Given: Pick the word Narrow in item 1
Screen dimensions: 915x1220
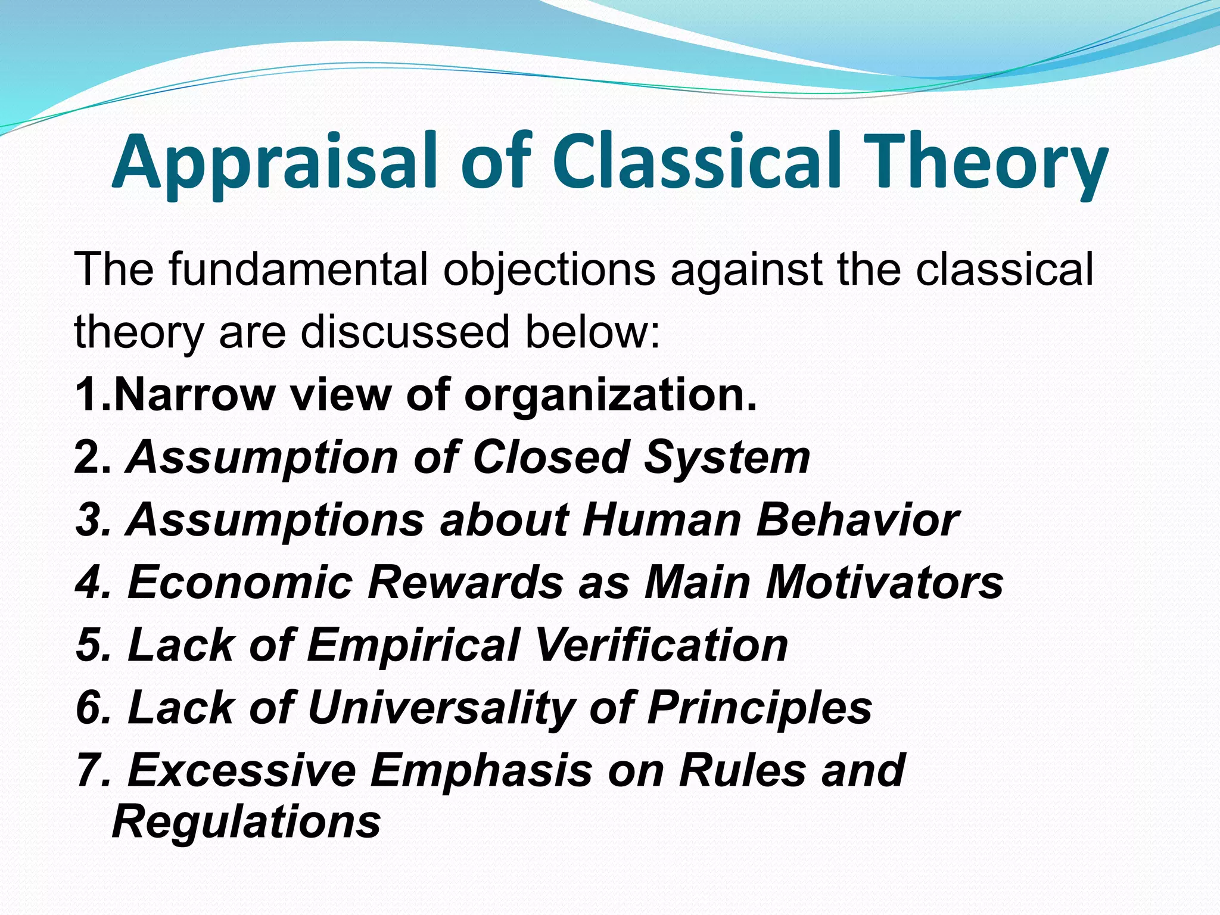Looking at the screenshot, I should click(194, 394).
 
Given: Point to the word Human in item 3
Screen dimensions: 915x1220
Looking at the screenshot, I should click(661, 519).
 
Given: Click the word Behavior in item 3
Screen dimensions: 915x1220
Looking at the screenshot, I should click(858, 519).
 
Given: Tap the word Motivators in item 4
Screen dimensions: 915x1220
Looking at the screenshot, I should click(884, 582).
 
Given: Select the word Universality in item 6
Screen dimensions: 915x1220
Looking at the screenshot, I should click(441, 708).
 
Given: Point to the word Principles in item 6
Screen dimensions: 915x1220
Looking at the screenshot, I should click(760, 708).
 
